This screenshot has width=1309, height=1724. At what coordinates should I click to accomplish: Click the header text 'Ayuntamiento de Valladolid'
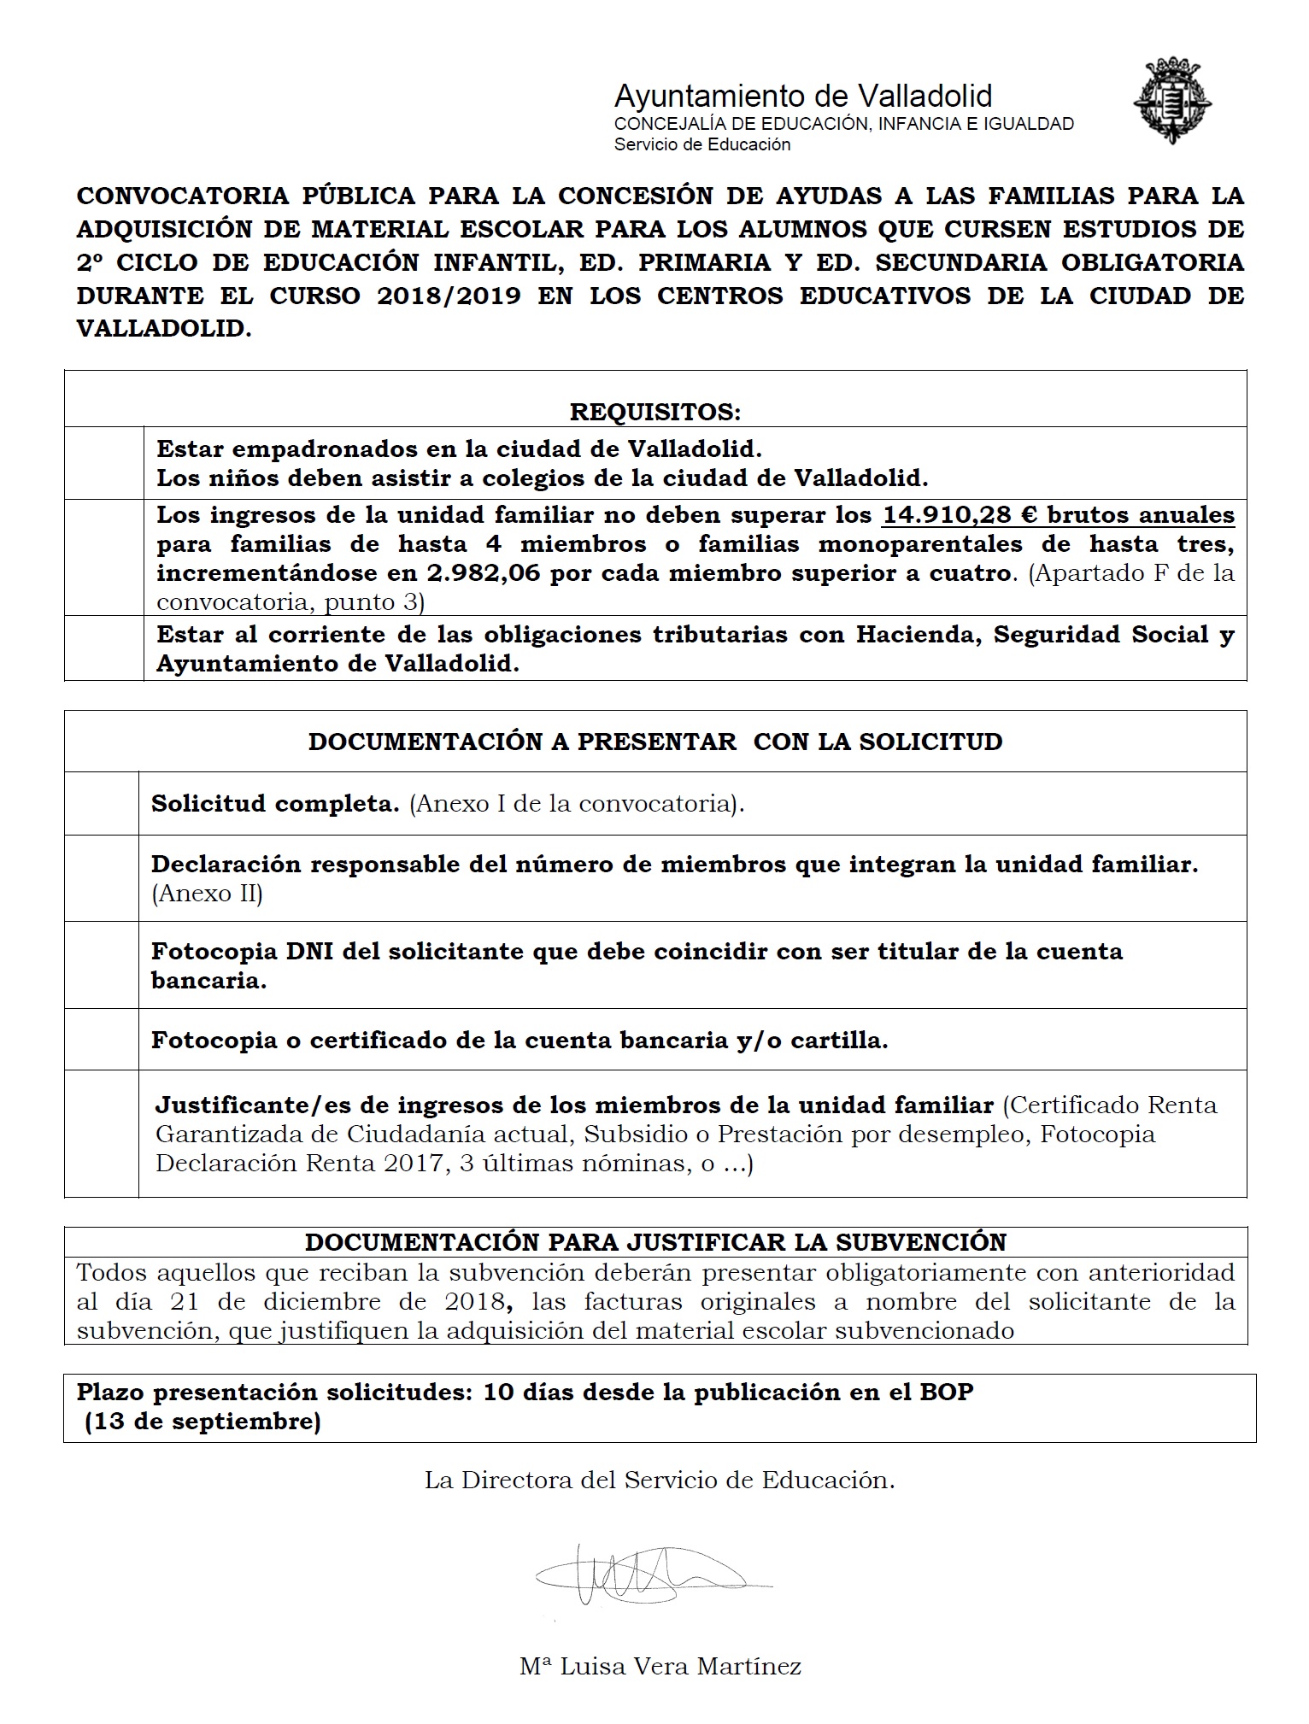click(802, 95)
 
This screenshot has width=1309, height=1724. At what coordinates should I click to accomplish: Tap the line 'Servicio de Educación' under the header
click(702, 144)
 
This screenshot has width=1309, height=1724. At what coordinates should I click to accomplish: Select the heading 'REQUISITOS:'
click(655, 412)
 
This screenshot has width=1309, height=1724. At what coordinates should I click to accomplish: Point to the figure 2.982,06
click(484, 572)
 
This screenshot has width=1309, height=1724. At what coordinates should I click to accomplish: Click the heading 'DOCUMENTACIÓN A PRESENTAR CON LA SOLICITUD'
click(655, 741)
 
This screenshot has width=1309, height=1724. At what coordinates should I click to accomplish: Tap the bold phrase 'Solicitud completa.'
click(275, 803)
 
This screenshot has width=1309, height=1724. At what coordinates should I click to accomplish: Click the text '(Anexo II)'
click(207, 894)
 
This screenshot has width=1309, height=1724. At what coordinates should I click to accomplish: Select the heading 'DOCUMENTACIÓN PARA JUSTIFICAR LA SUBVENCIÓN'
click(655, 1241)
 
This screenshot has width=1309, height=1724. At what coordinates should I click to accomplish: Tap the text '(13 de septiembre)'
click(203, 1422)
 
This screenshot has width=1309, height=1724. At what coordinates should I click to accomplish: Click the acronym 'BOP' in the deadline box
click(946, 1392)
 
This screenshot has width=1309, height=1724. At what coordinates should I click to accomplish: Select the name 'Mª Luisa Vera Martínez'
click(660, 1665)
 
